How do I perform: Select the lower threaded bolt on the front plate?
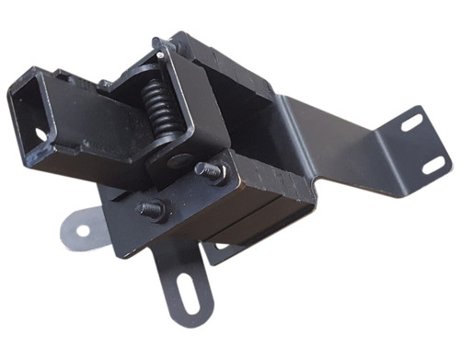click(x=153, y=208)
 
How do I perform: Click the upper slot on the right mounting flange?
click(x=410, y=122)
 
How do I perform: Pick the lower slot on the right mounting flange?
click(x=432, y=166)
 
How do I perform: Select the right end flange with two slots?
click(x=419, y=143)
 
